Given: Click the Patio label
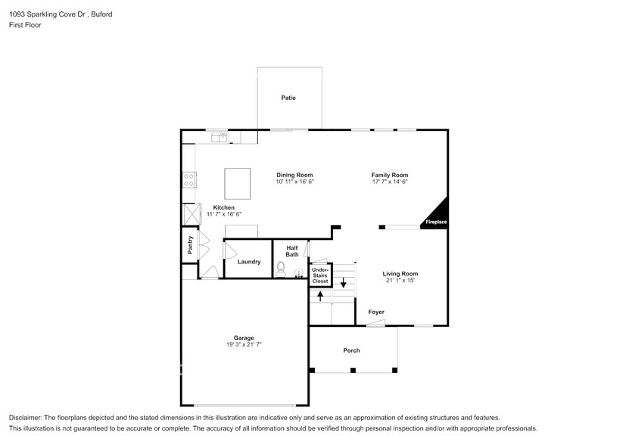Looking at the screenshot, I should (x=288, y=98).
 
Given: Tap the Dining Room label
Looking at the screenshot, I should (x=294, y=175).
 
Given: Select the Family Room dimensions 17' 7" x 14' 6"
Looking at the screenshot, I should (x=389, y=182).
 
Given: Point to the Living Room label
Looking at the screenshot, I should (x=400, y=274).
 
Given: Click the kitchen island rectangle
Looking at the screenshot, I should (x=237, y=183).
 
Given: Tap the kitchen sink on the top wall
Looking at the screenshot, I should (x=220, y=137).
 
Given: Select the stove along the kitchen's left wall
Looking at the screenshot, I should (x=189, y=179).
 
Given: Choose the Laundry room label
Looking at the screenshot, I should (x=249, y=262).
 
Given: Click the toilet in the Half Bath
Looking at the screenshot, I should (x=281, y=269).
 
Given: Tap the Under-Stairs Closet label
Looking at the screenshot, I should (x=320, y=275).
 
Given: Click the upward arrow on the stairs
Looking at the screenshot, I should (x=321, y=295).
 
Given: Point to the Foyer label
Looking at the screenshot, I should (x=376, y=312).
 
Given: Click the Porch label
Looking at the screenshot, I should (x=351, y=350).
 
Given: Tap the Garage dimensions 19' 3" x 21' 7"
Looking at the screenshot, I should (x=244, y=344).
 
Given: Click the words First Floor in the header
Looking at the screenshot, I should (x=26, y=25).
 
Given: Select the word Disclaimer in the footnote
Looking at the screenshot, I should (x=26, y=418).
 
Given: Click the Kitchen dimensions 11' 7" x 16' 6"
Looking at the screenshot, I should (x=223, y=214).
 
